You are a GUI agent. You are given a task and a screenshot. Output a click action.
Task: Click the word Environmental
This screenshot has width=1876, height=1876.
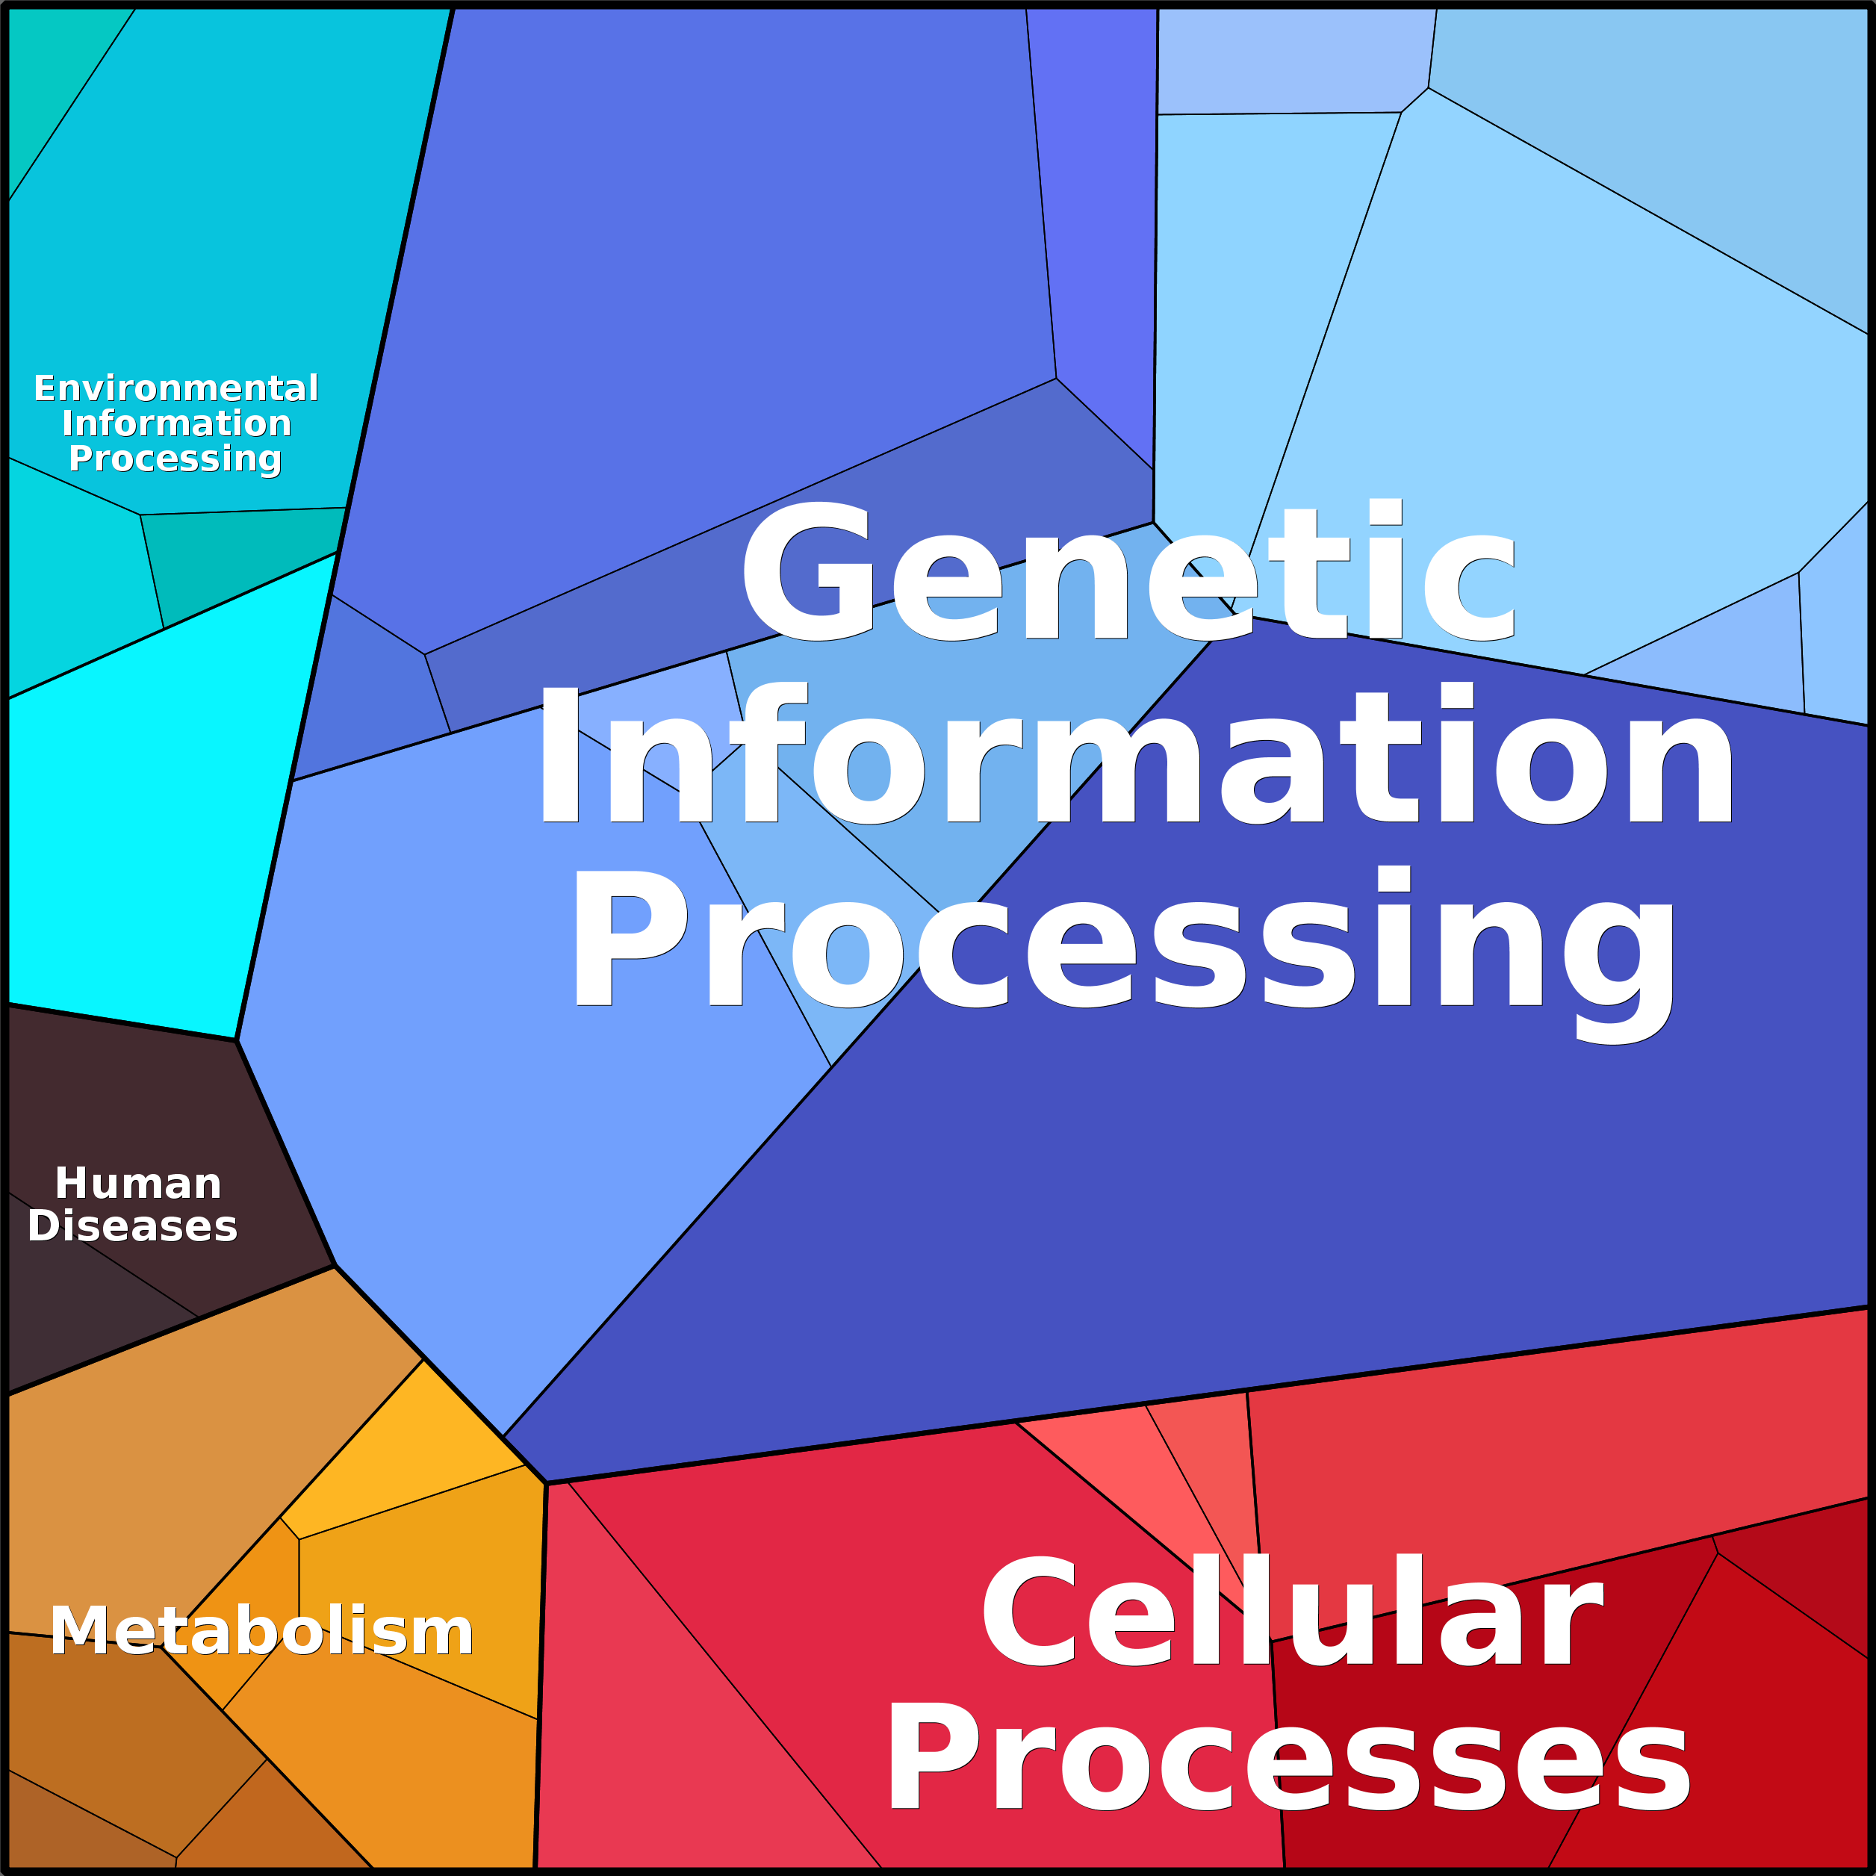point(176,388)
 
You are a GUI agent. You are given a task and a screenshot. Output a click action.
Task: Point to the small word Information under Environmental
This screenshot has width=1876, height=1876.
point(176,423)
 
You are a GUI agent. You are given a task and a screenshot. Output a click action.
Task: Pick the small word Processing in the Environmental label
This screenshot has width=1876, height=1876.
point(175,459)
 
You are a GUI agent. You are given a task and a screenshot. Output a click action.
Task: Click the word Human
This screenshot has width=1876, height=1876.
point(138,1184)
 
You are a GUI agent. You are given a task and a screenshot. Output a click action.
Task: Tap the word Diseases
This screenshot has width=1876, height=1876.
point(132,1226)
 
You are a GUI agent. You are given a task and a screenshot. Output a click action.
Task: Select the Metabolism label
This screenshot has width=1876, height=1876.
point(261,1630)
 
